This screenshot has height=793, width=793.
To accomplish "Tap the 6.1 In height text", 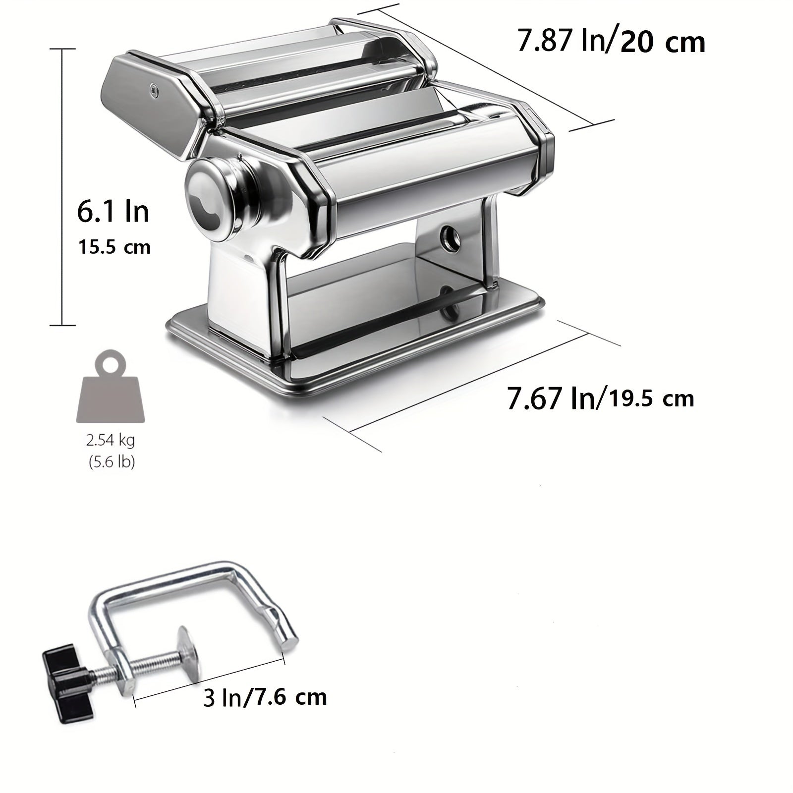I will (113, 211).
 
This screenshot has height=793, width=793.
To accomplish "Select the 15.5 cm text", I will (114, 247).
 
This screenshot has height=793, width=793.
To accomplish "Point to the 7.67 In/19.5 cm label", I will (600, 398).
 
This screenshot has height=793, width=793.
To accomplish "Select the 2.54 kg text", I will (111, 440).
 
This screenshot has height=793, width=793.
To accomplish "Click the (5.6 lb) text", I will (112, 462).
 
